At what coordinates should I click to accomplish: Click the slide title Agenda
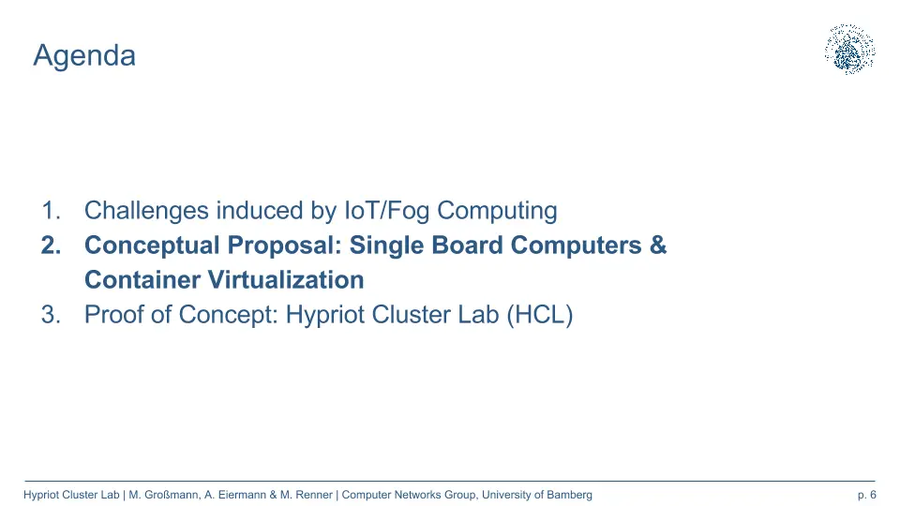(x=84, y=56)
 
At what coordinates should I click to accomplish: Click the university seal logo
(x=850, y=50)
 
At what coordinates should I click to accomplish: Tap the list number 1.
(x=51, y=211)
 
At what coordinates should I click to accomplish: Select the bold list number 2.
(x=51, y=246)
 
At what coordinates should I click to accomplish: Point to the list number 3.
(x=51, y=315)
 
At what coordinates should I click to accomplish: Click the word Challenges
(x=146, y=212)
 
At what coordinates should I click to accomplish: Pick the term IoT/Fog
(x=386, y=212)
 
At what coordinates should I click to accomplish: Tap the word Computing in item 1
(x=497, y=212)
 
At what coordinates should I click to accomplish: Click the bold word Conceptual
(x=152, y=246)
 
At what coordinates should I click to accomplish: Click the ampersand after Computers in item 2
(x=658, y=245)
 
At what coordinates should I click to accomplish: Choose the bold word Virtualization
(x=286, y=280)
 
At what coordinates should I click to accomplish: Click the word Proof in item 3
(x=113, y=315)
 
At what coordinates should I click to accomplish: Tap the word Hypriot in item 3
(x=325, y=316)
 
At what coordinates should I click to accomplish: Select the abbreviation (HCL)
(x=540, y=315)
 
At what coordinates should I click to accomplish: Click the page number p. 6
(x=866, y=495)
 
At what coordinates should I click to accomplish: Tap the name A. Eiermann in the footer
(x=235, y=495)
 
